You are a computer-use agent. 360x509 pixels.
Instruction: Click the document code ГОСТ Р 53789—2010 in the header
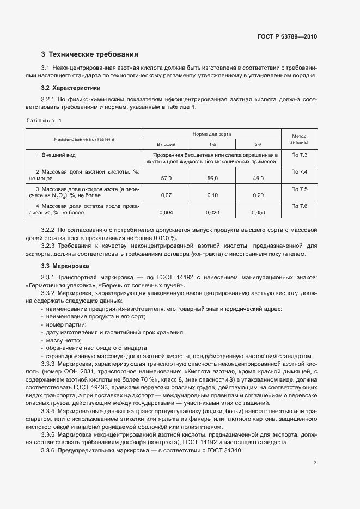point(286,37)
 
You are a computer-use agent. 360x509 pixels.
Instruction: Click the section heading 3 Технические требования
point(89,54)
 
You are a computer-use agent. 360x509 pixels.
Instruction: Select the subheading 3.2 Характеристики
point(71,88)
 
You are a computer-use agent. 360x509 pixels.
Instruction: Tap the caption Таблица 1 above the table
point(44,120)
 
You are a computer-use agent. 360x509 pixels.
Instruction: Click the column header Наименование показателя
point(84,139)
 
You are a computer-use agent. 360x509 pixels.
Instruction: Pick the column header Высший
point(166,144)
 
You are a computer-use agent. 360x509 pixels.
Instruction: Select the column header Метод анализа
point(299,139)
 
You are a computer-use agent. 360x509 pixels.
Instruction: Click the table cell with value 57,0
point(166,178)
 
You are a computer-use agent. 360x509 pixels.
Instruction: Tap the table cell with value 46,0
point(258,178)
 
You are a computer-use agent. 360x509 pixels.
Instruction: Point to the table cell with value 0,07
point(166,195)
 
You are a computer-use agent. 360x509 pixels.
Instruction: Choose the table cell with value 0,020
point(212,213)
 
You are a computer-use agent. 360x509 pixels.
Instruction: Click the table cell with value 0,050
point(258,213)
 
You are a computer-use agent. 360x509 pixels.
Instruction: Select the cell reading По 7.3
point(299,155)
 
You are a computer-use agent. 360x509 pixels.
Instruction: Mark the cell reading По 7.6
point(299,206)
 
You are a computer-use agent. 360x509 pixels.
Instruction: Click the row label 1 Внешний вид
point(53,155)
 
